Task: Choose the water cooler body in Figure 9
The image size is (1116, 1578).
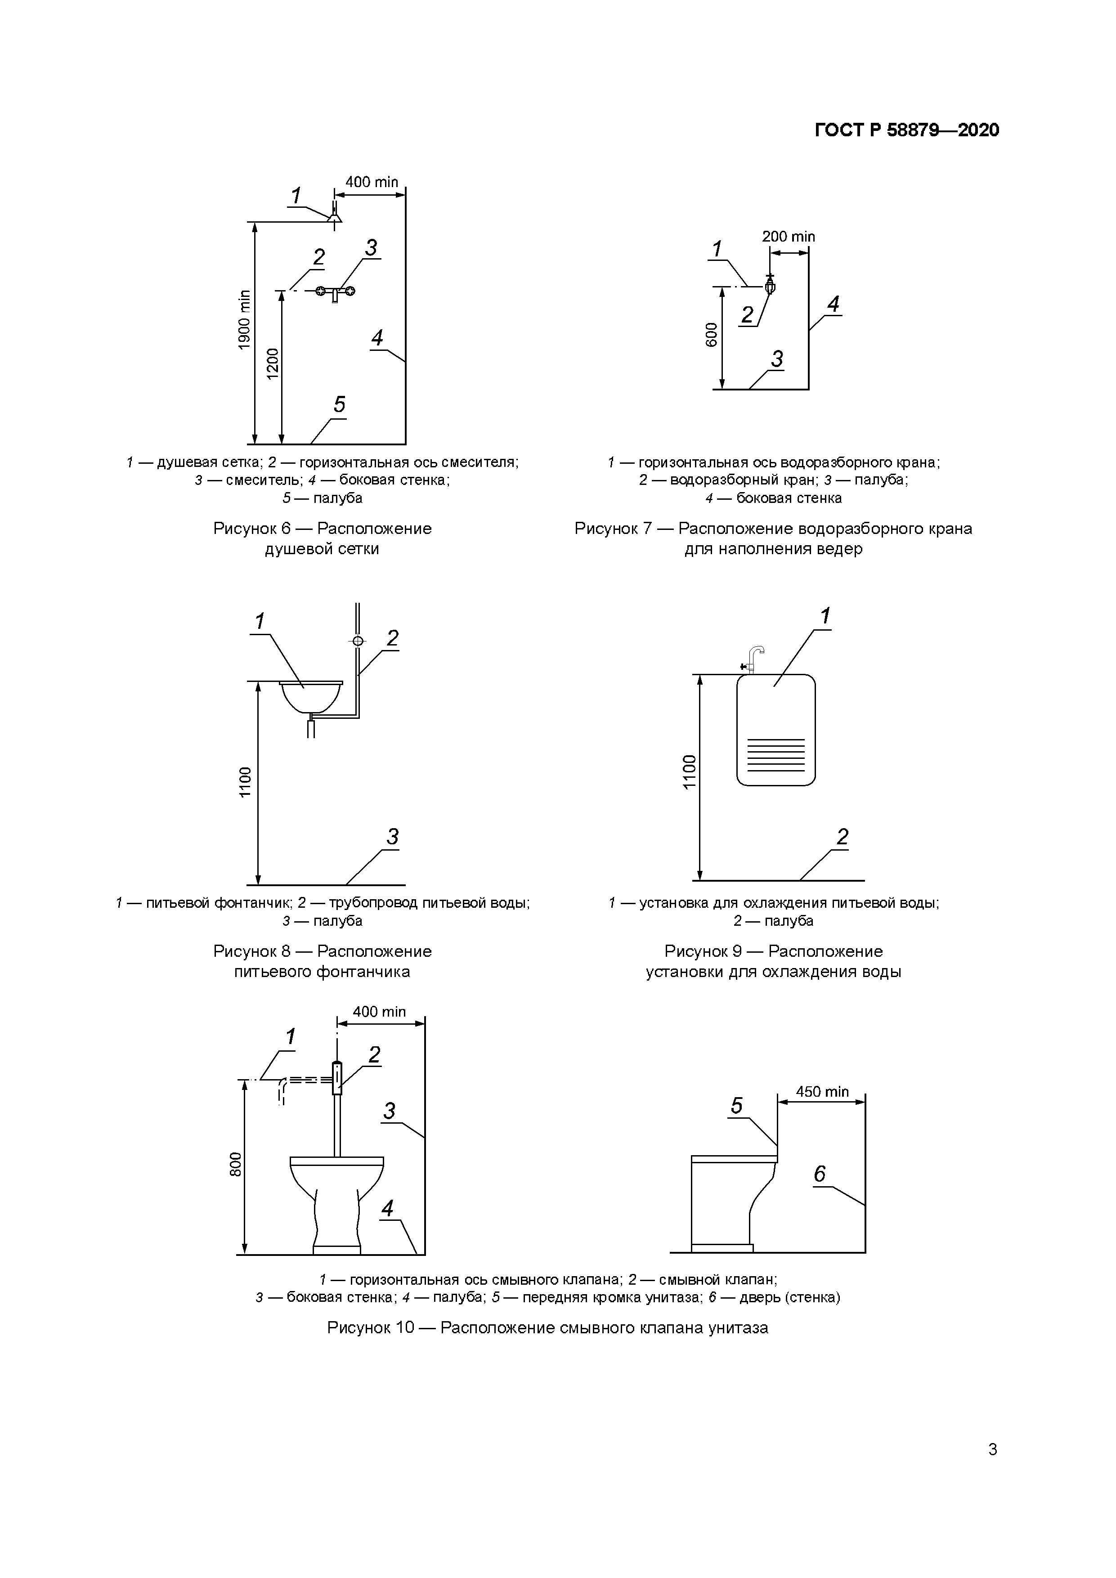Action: pos(776,730)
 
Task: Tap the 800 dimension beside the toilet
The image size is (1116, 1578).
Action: pos(236,1164)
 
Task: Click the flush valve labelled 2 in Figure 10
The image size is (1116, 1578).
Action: pos(337,1078)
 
